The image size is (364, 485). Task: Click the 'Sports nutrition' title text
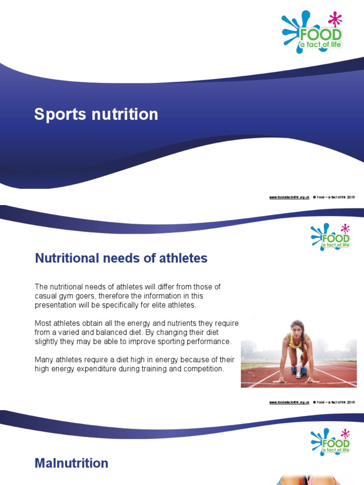[x=96, y=114]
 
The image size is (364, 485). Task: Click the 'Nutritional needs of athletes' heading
[x=121, y=258]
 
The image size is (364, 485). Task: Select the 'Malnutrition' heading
[x=71, y=463]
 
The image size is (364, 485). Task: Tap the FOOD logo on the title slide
[x=312, y=32]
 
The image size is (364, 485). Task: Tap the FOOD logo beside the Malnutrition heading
[x=330, y=441]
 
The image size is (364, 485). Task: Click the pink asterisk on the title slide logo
[x=336, y=18]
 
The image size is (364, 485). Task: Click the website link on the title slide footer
[x=289, y=197]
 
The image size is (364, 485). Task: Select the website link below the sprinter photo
[x=289, y=402]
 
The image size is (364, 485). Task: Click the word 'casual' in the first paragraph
[x=45, y=296]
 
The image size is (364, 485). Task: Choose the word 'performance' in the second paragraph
[x=209, y=341]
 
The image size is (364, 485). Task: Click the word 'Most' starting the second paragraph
[x=43, y=323]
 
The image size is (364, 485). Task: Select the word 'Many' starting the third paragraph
[x=44, y=359]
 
